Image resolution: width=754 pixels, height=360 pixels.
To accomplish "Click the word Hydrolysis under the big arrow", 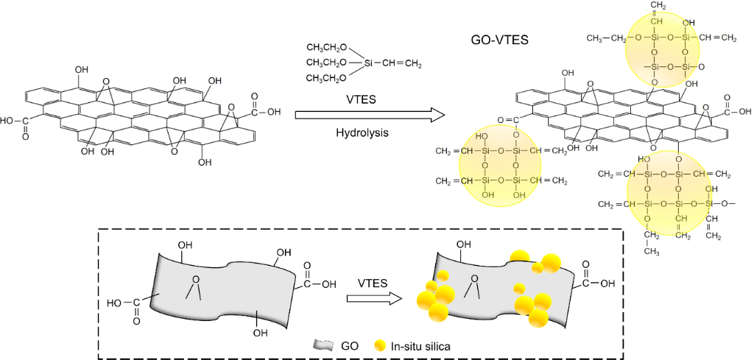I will tap(367, 134).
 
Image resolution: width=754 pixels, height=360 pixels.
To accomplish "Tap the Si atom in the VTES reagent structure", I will tap(369, 64).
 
